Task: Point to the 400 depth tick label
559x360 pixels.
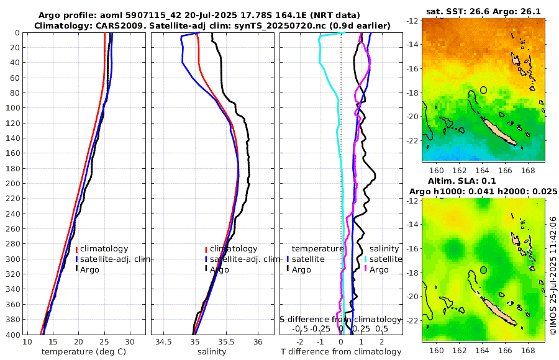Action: click(12, 335)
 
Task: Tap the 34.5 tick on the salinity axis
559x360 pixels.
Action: click(164, 343)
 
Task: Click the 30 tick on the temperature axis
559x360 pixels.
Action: click(129, 343)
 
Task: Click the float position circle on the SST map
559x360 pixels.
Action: click(483, 90)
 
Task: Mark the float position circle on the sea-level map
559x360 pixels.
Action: click(483, 270)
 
